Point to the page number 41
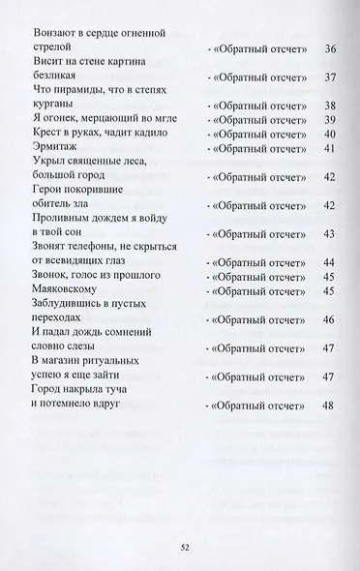click(x=329, y=148)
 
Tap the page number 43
click(x=329, y=234)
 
